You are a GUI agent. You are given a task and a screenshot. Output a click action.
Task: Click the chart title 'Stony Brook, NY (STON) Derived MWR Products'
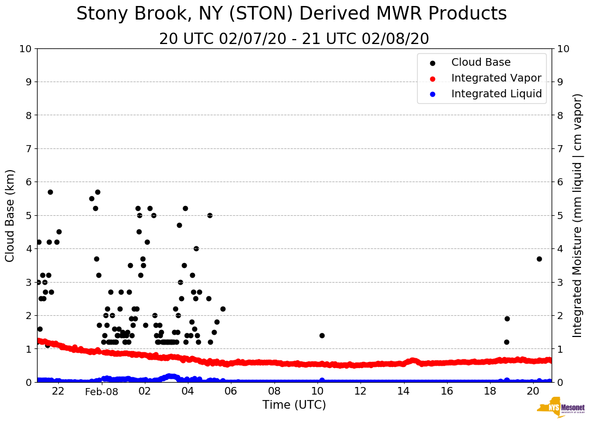[x=291, y=14]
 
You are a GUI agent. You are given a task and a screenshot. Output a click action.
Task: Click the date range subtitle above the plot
[x=294, y=39]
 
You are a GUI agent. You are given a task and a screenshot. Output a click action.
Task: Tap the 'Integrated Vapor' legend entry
[x=496, y=78]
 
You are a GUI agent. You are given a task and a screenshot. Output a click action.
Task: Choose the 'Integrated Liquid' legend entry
[x=496, y=94]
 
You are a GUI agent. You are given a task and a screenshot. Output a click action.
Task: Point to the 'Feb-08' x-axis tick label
[x=102, y=391]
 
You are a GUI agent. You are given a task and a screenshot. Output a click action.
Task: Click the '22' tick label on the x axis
[x=58, y=391]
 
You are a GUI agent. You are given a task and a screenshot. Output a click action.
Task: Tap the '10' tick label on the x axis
[x=317, y=391]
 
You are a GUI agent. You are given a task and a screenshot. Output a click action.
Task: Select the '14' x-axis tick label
[x=404, y=391]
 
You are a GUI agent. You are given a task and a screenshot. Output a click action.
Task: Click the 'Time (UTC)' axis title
[x=294, y=405]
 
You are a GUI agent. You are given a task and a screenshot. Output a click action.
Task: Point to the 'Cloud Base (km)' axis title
[x=10, y=215]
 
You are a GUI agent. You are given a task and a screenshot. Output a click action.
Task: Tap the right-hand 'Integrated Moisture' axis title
[x=577, y=215]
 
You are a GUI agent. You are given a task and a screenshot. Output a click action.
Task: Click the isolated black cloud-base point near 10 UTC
[x=322, y=335]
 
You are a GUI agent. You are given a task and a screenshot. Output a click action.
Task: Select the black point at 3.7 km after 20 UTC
[x=539, y=259]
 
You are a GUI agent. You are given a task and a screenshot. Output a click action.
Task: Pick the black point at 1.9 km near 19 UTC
[x=507, y=319]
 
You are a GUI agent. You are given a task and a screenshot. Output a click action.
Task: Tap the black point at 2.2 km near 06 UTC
[x=223, y=309]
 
